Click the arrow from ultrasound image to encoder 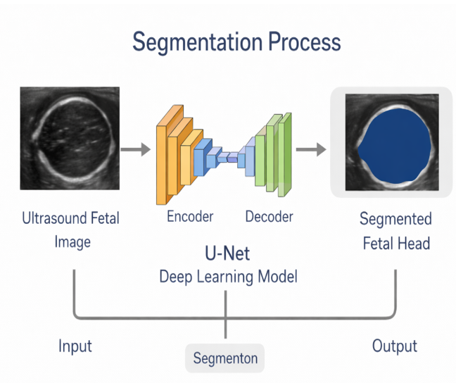tap(135, 149)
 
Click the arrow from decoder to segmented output tap(310, 149)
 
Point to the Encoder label tap(190, 217)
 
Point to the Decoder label tap(269, 217)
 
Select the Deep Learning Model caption tap(228, 277)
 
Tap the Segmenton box tap(225, 358)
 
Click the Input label tap(75, 346)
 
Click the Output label tap(394, 346)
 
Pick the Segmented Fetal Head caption tap(394, 231)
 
